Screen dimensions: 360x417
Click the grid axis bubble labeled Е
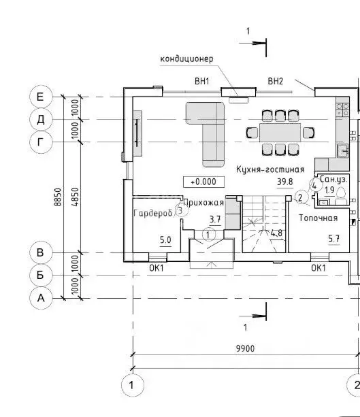(40, 97)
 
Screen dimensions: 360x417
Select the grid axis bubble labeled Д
(40, 120)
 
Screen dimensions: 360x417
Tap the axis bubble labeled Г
(40, 142)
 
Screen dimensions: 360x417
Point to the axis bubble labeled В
(40, 252)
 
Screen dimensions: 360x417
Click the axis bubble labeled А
(40, 298)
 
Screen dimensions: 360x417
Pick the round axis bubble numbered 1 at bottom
(132, 385)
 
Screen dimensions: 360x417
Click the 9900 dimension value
(245, 348)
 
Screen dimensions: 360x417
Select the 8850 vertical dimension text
(58, 197)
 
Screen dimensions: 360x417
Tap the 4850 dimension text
(76, 197)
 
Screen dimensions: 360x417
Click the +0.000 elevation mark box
(203, 182)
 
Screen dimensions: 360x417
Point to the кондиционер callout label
(186, 59)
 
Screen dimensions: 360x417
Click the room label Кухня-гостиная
(270, 169)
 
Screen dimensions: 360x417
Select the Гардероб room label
(152, 213)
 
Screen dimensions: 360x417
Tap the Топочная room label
(318, 218)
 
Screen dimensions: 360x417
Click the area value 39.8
(285, 182)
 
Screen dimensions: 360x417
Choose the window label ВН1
(202, 81)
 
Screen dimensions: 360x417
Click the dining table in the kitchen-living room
(280, 133)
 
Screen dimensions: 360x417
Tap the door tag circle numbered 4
(315, 185)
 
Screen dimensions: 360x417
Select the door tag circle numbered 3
(180, 211)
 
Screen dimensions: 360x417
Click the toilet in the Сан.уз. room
(341, 196)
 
